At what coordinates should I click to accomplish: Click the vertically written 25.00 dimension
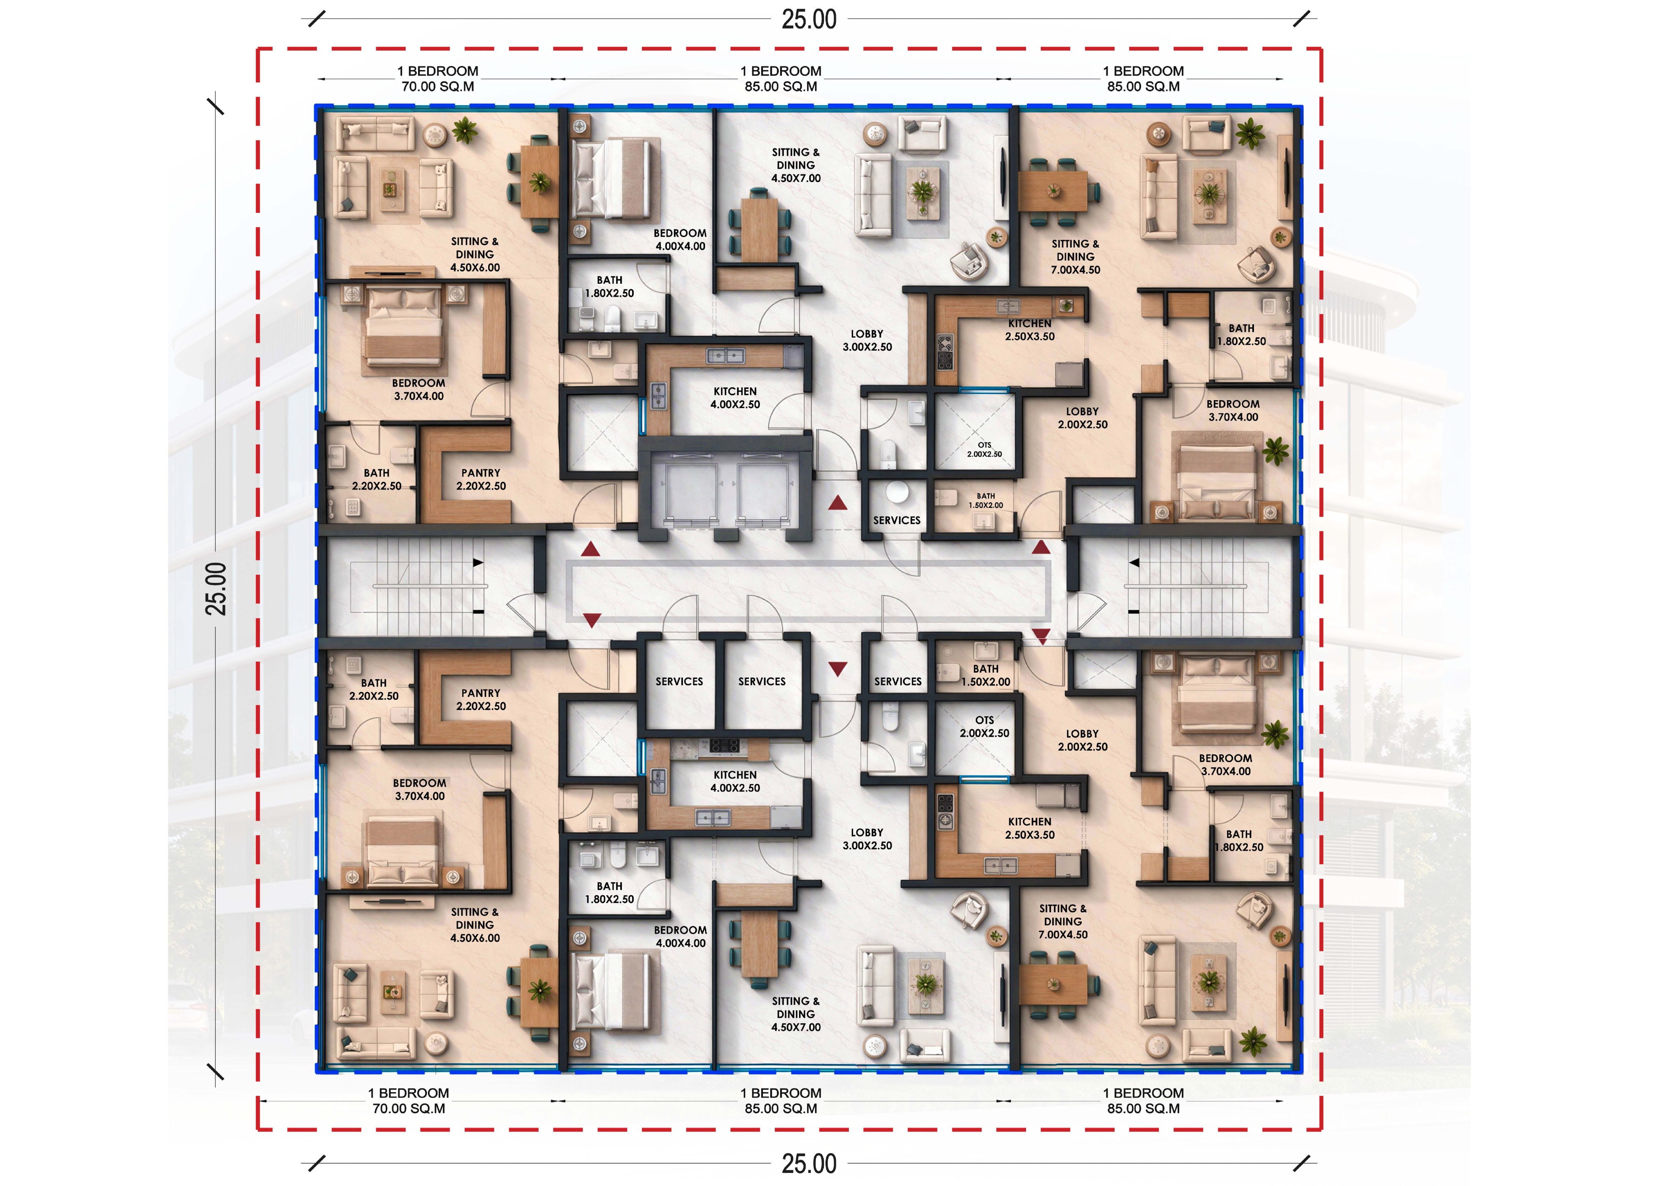click(x=216, y=589)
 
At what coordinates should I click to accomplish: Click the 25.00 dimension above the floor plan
click(x=809, y=19)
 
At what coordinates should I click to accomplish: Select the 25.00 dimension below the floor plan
click(x=809, y=1163)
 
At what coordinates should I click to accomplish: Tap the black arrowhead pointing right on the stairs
click(x=478, y=562)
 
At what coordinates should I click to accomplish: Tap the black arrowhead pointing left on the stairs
click(x=1134, y=562)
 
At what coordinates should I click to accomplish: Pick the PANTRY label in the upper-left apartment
click(x=480, y=473)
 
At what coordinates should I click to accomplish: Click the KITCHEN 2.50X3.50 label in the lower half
click(x=1030, y=829)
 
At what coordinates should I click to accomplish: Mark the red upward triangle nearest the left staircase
click(x=591, y=549)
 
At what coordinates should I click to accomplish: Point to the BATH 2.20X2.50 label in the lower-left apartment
click(x=374, y=690)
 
